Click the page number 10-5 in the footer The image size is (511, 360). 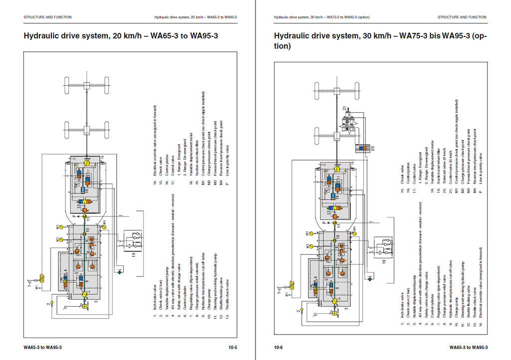coord(232,347)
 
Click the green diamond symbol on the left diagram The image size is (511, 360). coord(120,273)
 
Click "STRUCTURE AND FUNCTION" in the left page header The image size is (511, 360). coord(47,17)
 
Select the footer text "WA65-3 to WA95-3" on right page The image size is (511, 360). coord(468,347)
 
